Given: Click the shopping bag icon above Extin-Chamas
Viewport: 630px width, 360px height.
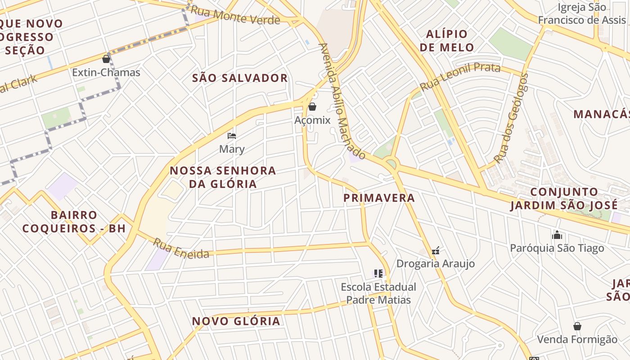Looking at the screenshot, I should coord(106,59).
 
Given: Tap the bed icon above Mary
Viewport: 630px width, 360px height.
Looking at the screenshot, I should coord(232,135).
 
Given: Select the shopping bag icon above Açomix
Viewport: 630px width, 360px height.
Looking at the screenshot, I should coord(312,107).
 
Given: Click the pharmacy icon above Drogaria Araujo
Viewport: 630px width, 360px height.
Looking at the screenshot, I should coord(436,250).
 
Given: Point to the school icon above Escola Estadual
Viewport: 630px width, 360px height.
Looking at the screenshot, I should coord(378,273).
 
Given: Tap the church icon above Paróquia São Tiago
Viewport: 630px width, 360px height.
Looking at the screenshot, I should coord(557,235).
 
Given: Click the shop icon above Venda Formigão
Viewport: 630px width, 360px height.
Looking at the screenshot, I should coord(577,326).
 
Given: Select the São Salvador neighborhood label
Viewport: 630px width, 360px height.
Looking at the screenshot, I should coord(240,78).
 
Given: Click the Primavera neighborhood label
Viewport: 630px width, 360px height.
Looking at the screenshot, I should coord(379,198).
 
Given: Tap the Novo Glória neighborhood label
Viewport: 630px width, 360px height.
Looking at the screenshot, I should coord(236,321).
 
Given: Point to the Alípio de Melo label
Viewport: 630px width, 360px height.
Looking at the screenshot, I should coord(447,40).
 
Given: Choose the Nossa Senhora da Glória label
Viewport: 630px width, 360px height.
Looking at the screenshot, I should coord(223,177).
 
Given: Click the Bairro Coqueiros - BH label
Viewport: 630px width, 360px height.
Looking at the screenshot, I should coord(74,221).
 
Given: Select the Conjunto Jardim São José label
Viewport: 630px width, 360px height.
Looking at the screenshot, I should coord(564,199).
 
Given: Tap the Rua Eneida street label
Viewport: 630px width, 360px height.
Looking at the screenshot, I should coord(181,249).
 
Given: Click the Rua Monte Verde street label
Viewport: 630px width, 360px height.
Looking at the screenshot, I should coord(235,16).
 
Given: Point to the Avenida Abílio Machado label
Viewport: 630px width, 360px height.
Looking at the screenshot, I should coord(342,101).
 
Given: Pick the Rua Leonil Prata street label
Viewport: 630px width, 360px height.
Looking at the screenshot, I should coord(460,76).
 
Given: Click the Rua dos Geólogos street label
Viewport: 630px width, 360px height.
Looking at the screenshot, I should coord(511,118).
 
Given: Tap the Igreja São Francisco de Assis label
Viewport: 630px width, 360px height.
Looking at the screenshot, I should coord(582,13).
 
